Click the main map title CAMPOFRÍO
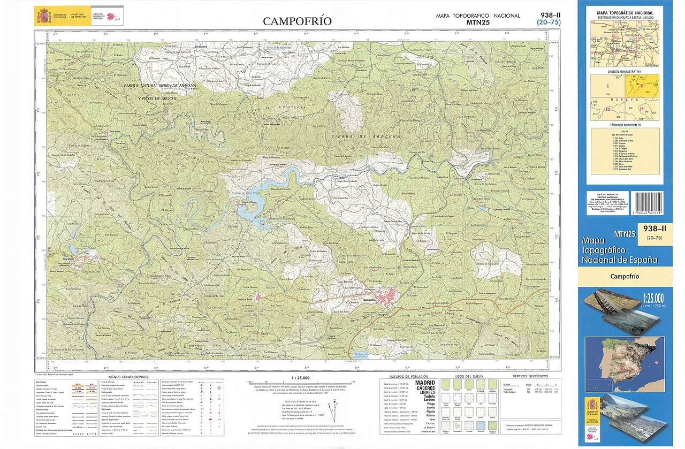[x=297, y=21]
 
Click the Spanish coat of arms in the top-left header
[x=43, y=15]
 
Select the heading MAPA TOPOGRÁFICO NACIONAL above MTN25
[x=478, y=16]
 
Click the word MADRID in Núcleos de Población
[x=425, y=383]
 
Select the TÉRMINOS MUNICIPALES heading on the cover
[x=625, y=125]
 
